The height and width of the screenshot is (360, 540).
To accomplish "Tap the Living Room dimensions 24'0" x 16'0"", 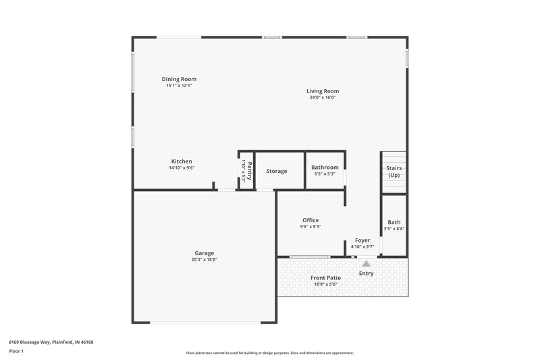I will [x=322, y=97].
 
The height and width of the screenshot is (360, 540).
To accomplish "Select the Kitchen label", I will [x=182, y=161].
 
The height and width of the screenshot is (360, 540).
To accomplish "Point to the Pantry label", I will [x=249, y=170].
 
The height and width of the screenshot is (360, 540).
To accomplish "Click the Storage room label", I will [x=276, y=171].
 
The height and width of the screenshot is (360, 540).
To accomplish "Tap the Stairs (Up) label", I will [x=394, y=172].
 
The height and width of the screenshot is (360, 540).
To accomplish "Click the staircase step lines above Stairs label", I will [x=394, y=157].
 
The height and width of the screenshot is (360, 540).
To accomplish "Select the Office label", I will [x=310, y=220].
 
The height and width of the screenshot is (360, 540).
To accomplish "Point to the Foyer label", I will [x=362, y=240].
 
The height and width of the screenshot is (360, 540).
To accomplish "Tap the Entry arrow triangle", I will [x=366, y=263].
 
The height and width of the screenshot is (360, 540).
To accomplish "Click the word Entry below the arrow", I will [x=366, y=273].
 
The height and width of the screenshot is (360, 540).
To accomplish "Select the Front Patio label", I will [x=325, y=278].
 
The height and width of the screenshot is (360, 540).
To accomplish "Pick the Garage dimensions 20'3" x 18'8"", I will [x=204, y=259].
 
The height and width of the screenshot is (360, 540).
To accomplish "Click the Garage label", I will [x=204, y=253].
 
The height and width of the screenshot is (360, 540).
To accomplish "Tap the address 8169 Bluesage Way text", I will [x=51, y=342].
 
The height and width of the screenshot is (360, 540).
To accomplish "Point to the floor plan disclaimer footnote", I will [x=269, y=353].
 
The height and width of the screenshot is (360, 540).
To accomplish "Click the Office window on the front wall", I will [x=310, y=257].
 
